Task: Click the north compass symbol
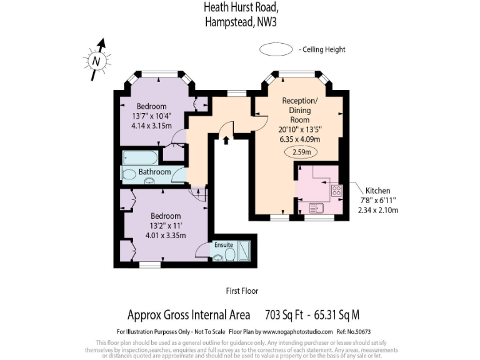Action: coord(96,61)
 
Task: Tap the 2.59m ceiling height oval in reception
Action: coord(301,151)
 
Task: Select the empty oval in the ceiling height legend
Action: coord(275,49)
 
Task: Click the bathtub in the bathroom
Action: coord(140,157)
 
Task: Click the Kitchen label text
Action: coord(377,191)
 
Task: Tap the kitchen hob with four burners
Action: coord(336,191)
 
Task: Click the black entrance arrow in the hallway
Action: coord(226,141)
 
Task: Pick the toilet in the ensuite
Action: coord(229,255)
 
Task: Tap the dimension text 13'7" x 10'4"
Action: coord(151,116)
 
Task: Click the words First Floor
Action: coord(242,291)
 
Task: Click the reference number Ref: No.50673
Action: coord(357,331)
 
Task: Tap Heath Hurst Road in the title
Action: coord(240,8)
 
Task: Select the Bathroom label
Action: coord(154,172)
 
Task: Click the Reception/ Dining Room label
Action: coord(299,110)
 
